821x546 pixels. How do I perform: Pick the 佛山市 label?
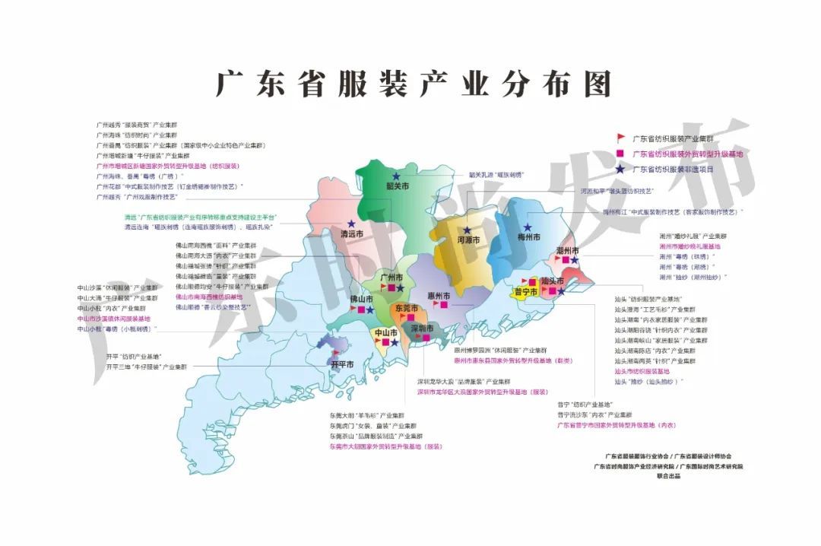click(362, 299)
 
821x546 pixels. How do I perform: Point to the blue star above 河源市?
click(471, 229)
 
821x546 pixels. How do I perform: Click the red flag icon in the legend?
click(621, 138)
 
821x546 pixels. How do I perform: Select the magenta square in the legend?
click(621, 154)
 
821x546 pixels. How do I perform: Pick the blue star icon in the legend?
click(621, 169)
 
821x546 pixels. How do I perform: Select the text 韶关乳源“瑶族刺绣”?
click(496, 175)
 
